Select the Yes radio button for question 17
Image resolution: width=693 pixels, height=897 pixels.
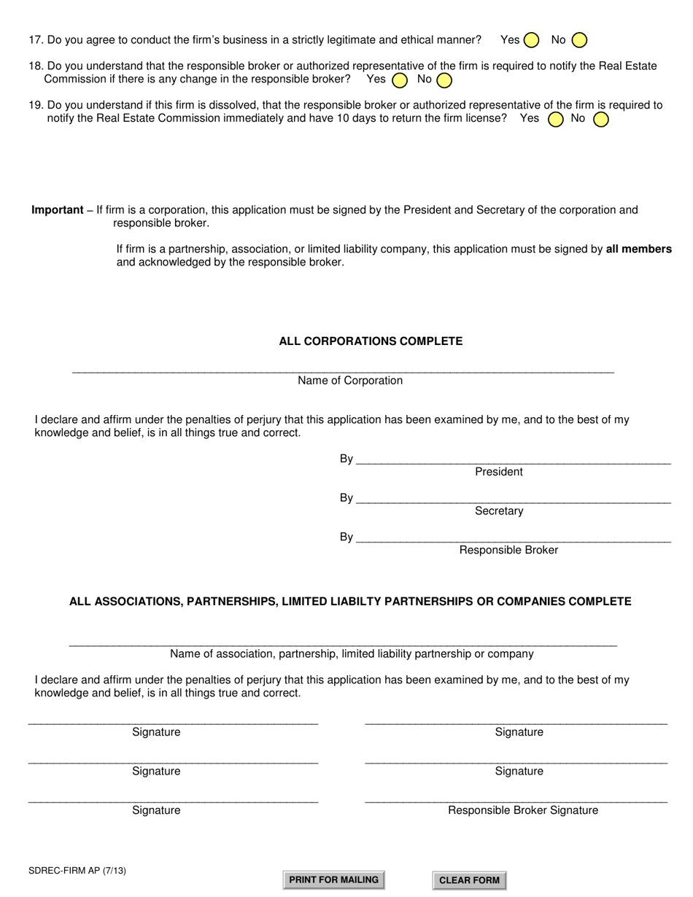tap(532, 40)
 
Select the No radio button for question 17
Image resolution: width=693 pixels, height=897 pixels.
tap(579, 40)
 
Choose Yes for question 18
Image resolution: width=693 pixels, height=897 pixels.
tap(400, 79)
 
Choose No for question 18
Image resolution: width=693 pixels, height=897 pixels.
tap(444, 79)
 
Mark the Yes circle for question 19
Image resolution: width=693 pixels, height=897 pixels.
tap(555, 119)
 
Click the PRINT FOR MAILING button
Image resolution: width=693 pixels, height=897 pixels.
tap(333, 879)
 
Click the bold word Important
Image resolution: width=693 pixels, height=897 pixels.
tap(57, 210)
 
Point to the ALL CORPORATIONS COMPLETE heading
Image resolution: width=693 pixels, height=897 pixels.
tap(371, 341)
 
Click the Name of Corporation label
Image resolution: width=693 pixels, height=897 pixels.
tap(350, 381)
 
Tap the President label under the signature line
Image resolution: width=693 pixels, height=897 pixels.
tap(499, 472)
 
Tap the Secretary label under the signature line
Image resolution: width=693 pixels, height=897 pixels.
tap(499, 511)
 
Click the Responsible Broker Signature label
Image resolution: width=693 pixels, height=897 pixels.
tap(522, 810)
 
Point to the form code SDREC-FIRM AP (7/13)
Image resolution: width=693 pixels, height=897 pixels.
tap(71, 870)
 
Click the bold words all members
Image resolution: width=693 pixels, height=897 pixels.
tap(638, 249)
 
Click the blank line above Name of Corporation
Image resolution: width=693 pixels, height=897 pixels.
tap(343, 372)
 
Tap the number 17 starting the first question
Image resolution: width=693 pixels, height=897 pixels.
tap(35, 40)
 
